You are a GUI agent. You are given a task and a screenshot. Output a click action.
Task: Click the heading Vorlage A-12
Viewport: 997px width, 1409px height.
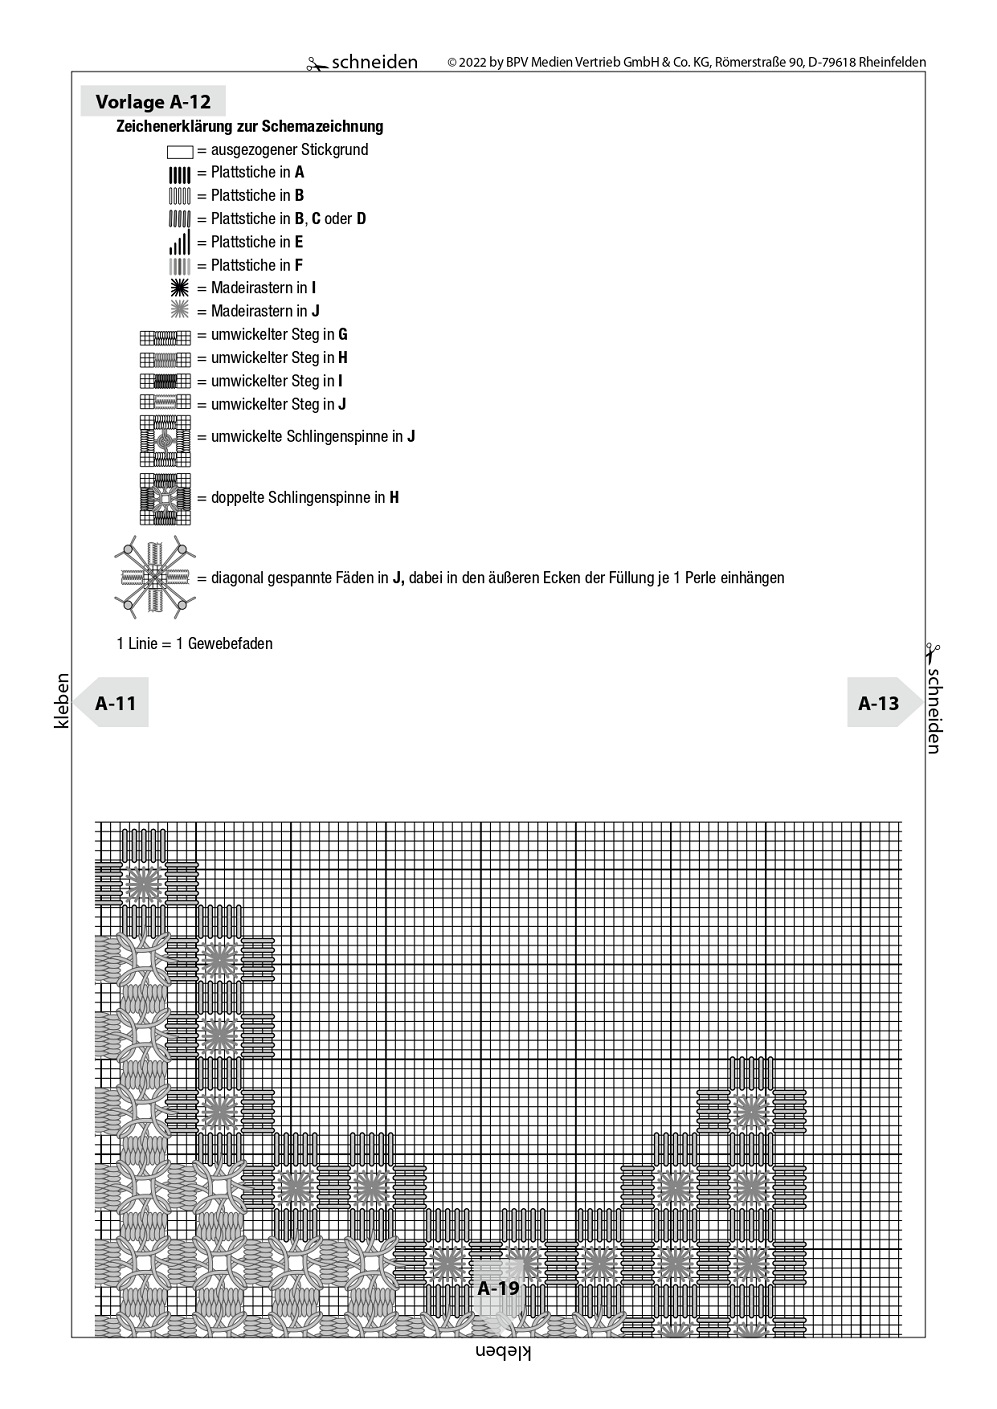click(x=153, y=101)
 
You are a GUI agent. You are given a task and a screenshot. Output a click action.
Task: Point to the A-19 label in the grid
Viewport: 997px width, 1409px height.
click(x=498, y=1288)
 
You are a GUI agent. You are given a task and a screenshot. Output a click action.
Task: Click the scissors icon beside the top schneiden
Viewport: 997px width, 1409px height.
click(x=317, y=64)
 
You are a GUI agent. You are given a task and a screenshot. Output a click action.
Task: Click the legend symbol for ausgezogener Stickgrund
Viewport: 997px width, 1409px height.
click(x=180, y=151)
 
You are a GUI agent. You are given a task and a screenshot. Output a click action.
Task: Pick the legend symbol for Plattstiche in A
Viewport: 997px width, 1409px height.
click(x=180, y=174)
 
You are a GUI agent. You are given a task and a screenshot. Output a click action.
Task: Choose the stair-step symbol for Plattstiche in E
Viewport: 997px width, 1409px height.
click(x=180, y=242)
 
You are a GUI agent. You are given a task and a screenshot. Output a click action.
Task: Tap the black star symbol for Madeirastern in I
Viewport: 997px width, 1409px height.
click(x=180, y=288)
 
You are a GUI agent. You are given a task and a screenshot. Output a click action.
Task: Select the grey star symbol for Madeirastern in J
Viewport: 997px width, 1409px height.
click(x=180, y=311)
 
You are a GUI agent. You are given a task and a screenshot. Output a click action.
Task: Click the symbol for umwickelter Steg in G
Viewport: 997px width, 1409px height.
click(x=165, y=335)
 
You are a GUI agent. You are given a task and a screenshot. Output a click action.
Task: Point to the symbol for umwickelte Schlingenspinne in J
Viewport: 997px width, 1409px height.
click(x=165, y=440)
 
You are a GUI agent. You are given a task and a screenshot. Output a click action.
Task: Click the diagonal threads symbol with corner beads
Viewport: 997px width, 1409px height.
click(x=154, y=577)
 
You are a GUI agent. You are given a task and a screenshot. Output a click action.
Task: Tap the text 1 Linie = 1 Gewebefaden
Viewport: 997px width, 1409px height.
click(x=195, y=643)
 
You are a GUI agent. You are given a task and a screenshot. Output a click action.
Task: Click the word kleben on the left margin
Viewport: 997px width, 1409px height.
click(x=62, y=700)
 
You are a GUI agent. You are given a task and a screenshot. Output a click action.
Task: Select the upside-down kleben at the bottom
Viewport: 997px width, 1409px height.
click(x=503, y=1352)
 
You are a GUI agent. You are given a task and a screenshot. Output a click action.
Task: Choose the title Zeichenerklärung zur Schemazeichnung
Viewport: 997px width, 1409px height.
click(x=250, y=127)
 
